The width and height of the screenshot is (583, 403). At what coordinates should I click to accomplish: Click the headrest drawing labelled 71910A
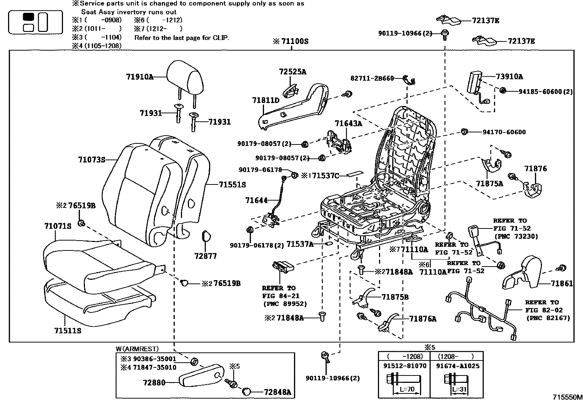point(185,78)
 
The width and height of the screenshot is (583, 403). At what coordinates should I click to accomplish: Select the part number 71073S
point(92,160)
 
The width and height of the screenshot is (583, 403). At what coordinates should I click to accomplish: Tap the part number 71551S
point(233,184)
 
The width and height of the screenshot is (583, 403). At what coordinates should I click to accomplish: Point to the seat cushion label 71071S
point(57,226)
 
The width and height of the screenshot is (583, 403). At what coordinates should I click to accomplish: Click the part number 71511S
point(68,330)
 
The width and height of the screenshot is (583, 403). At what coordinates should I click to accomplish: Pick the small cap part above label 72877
point(206,237)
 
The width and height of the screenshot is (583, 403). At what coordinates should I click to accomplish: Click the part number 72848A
point(278,392)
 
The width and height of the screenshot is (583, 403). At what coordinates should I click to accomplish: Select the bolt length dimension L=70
point(407,389)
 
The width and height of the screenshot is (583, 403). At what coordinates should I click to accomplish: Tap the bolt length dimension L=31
point(459,389)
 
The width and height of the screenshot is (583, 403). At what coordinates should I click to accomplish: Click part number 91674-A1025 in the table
point(457,366)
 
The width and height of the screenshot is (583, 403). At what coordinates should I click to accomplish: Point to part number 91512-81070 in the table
point(405,366)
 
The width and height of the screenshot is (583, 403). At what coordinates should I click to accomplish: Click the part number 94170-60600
point(504,132)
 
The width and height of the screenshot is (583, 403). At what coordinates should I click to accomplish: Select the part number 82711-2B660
point(372,78)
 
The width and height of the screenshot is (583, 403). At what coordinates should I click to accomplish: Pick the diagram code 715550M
point(567,397)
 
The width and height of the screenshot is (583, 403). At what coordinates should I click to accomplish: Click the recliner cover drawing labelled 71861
point(522,273)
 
